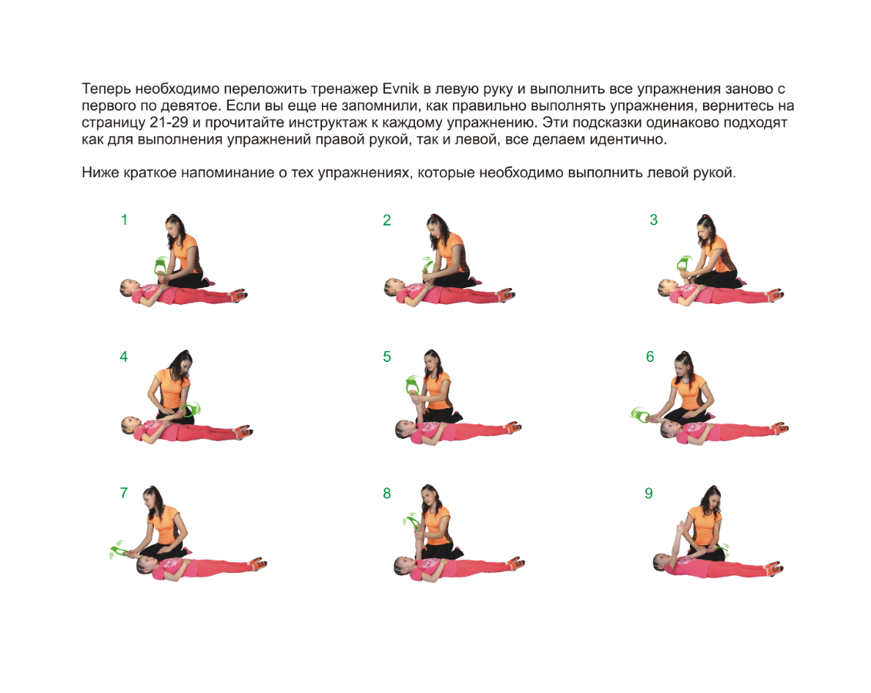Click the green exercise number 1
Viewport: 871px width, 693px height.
(124, 220)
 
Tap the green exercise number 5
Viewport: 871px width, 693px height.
(387, 357)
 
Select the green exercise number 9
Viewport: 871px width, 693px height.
(648, 493)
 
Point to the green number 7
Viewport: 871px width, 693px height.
(124, 493)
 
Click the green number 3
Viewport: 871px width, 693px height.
(653, 220)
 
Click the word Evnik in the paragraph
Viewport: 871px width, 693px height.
(400, 89)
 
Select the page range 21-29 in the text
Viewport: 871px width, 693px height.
(168, 122)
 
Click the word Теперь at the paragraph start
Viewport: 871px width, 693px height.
(106, 89)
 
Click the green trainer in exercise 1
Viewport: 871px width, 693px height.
(160, 266)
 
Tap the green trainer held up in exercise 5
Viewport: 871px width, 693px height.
(412, 384)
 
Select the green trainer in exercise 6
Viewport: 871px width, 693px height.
(640, 414)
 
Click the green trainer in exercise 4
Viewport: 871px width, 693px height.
(190, 410)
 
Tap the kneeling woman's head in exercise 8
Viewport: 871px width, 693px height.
(429, 497)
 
